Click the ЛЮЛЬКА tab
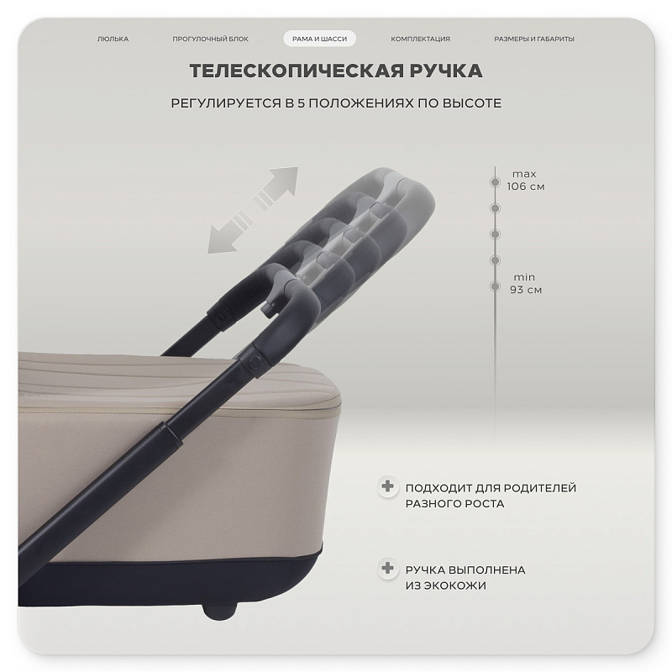pyautogui.click(x=113, y=39)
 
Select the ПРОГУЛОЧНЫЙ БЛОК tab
pyautogui.click(x=211, y=39)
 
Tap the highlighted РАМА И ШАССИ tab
pyautogui.click(x=320, y=39)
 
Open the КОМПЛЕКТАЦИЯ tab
pyautogui.click(x=421, y=39)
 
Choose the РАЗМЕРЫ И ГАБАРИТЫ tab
pyautogui.click(x=534, y=39)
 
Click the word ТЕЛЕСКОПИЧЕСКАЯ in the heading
pyautogui.click(x=297, y=71)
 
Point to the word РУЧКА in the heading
pyautogui.click(x=446, y=71)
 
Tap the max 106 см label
pyautogui.click(x=525, y=180)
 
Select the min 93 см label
pyautogui.click(x=526, y=283)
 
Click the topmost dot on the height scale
pyautogui.click(x=495, y=182)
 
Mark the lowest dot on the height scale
pyautogui.click(x=495, y=286)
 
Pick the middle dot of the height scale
pyautogui.click(x=495, y=234)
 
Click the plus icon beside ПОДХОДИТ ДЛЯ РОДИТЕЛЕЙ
pyautogui.click(x=387, y=486)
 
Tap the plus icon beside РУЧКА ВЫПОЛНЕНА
pyautogui.click(x=387, y=569)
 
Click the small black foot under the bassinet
pyautogui.click(x=220, y=610)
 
